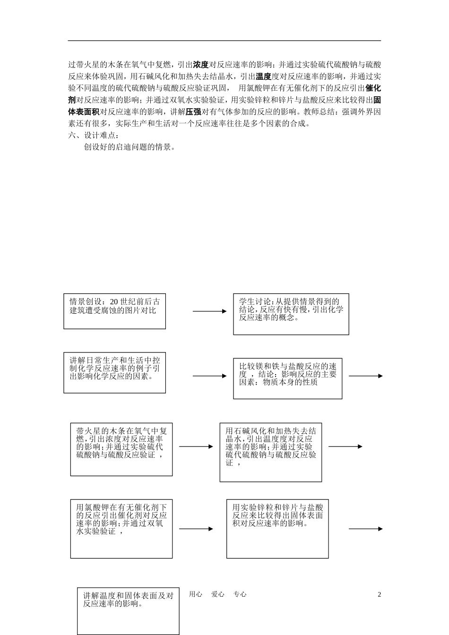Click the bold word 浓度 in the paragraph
(x=201, y=65)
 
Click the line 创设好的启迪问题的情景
(x=130, y=147)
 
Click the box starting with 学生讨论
(x=291, y=314)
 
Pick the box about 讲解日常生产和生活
(x=114, y=372)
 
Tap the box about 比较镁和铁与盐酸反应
(x=287, y=378)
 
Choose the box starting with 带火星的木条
(x=121, y=449)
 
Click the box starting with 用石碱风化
(x=270, y=452)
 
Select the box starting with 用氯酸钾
(x=121, y=529)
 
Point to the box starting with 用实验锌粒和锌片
(x=277, y=529)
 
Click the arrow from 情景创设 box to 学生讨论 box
(x=209, y=311)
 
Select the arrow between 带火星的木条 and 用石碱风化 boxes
(x=196, y=446)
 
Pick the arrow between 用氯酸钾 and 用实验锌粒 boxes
(x=196, y=529)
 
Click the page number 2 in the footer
(x=379, y=595)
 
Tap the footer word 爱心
(x=218, y=594)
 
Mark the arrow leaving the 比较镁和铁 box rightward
(x=365, y=376)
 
